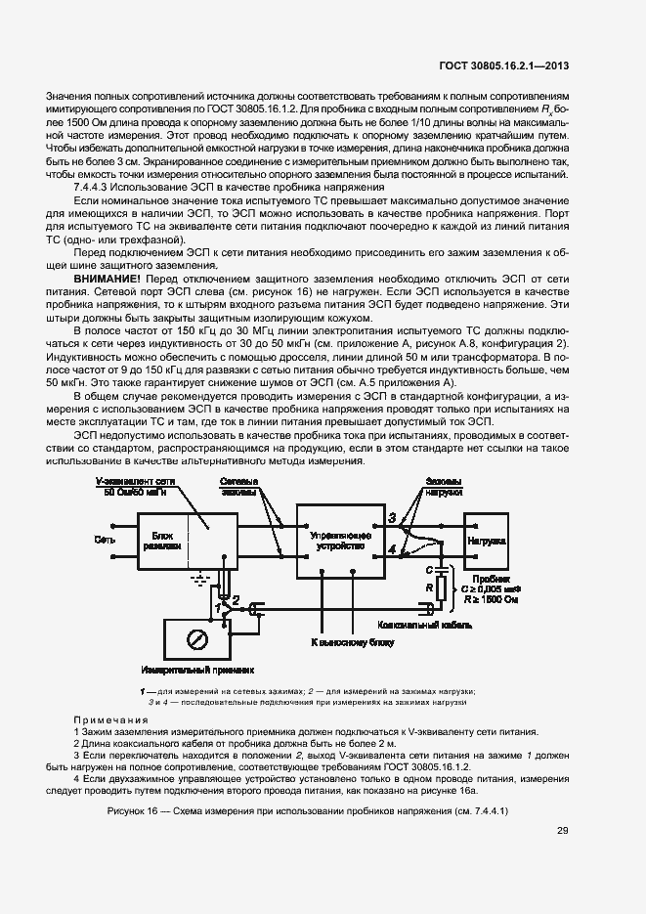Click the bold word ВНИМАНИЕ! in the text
coord(104,278)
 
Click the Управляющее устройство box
coord(341,543)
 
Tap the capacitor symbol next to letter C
coord(441,567)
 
